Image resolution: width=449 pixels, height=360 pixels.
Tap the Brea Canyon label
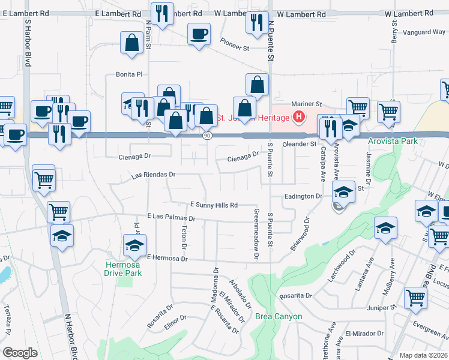279,316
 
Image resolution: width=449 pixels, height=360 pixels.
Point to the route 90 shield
207,136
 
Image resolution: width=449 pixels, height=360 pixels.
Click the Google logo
20,353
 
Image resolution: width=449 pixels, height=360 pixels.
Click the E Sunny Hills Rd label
214,205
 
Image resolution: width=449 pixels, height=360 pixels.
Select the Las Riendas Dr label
153,175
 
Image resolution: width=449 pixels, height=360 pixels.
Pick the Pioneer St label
234,46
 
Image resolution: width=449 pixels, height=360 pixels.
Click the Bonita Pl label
129,74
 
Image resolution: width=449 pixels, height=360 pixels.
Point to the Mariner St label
307,103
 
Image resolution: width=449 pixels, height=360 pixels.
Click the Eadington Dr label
304,196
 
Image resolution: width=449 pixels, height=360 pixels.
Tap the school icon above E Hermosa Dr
134,244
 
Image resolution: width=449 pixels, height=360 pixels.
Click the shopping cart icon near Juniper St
415,296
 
